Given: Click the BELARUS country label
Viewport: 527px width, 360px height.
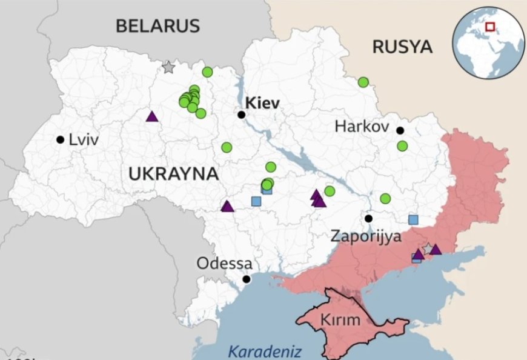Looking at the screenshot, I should click(157, 25).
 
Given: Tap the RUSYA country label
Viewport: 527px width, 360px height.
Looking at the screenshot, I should click(402, 47).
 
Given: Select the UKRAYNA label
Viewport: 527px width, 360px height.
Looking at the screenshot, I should click(173, 175).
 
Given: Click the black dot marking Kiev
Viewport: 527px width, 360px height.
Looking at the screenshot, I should click(242, 115).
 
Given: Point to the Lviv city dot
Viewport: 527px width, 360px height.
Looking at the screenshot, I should click(60, 139).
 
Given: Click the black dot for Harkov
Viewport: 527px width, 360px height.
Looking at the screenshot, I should click(400, 130).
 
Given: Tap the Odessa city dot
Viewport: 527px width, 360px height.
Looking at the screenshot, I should click(247, 279).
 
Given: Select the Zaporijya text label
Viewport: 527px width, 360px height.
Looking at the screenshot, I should click(365, 236).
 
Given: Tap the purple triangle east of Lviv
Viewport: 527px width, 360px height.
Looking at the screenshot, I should click(151, 116).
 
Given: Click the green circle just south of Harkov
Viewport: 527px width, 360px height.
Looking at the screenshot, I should click(402, 145).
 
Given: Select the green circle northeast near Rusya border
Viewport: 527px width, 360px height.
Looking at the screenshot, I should click(363, 82).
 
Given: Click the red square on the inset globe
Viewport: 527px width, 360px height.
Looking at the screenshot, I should click(490, 27).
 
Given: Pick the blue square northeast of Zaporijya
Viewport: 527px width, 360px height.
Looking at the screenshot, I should click(413, 219).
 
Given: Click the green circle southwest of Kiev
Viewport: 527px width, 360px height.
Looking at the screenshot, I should click(227, 147).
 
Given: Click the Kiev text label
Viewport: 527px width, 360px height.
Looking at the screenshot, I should click(262, 104).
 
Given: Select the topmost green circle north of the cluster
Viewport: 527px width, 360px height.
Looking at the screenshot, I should click(207, 72).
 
